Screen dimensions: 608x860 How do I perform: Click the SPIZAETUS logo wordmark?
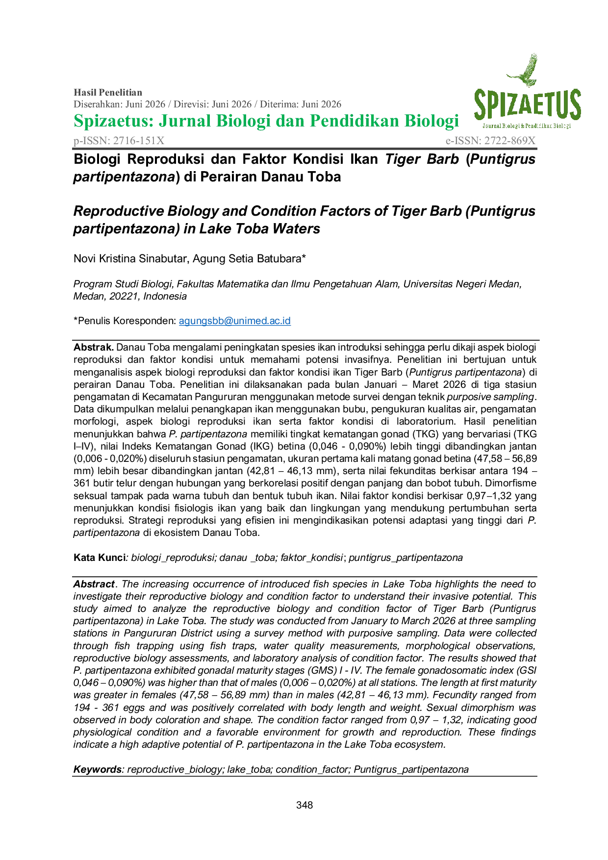pos(527,105)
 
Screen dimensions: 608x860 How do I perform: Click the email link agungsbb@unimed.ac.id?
pos(235,321)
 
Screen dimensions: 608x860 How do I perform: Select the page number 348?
pos(304,805)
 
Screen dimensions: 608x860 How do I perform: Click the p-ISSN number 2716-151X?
pos(139,141)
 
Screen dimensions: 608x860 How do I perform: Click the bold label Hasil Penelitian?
pos(108,92)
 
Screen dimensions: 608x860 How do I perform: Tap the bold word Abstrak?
pos(94,347)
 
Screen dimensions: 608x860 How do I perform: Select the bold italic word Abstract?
pos(94,584)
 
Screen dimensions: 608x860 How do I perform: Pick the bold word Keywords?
pos(97,769)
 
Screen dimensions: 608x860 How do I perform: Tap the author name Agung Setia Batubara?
pos(247,258)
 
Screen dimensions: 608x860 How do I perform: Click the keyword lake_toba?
pos(249,769)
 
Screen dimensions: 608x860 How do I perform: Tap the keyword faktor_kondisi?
pos(311,557)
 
